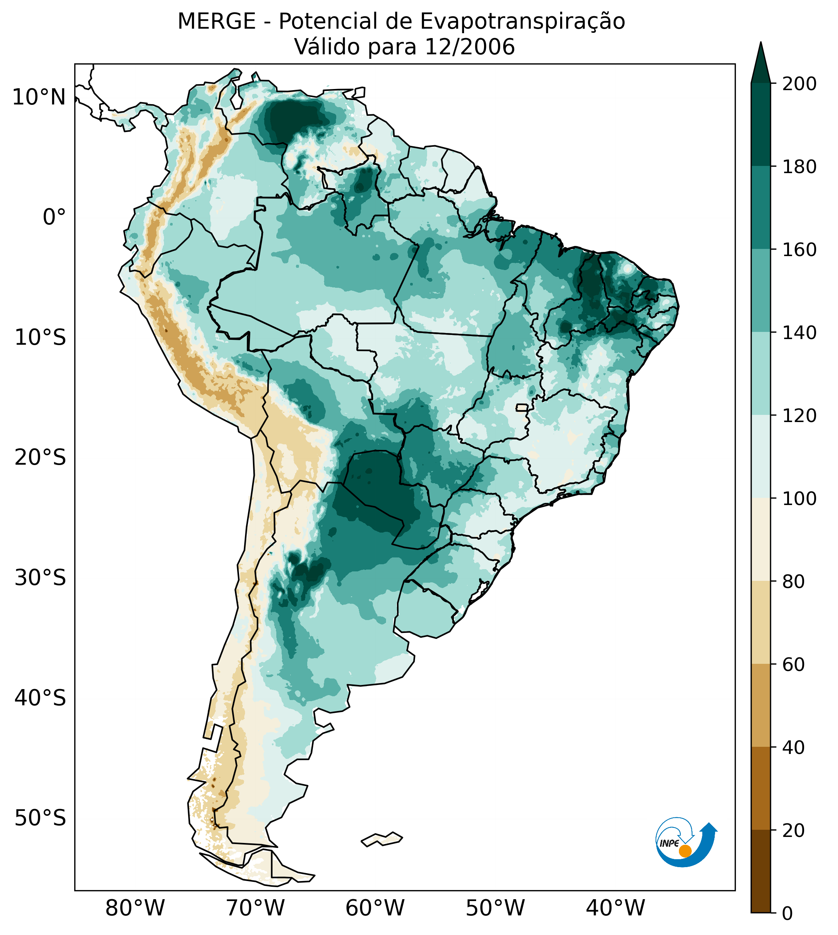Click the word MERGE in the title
tap(216, 21)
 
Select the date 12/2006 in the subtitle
tap(470, 47)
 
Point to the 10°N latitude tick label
tap(39, 97)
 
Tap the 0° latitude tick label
tap(54, 217)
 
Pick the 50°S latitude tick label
tap(40, 818)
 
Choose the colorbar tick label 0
tap(788, 914)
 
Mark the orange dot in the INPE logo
tap(685, 851)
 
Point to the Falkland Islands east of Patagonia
tap(382, 839)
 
